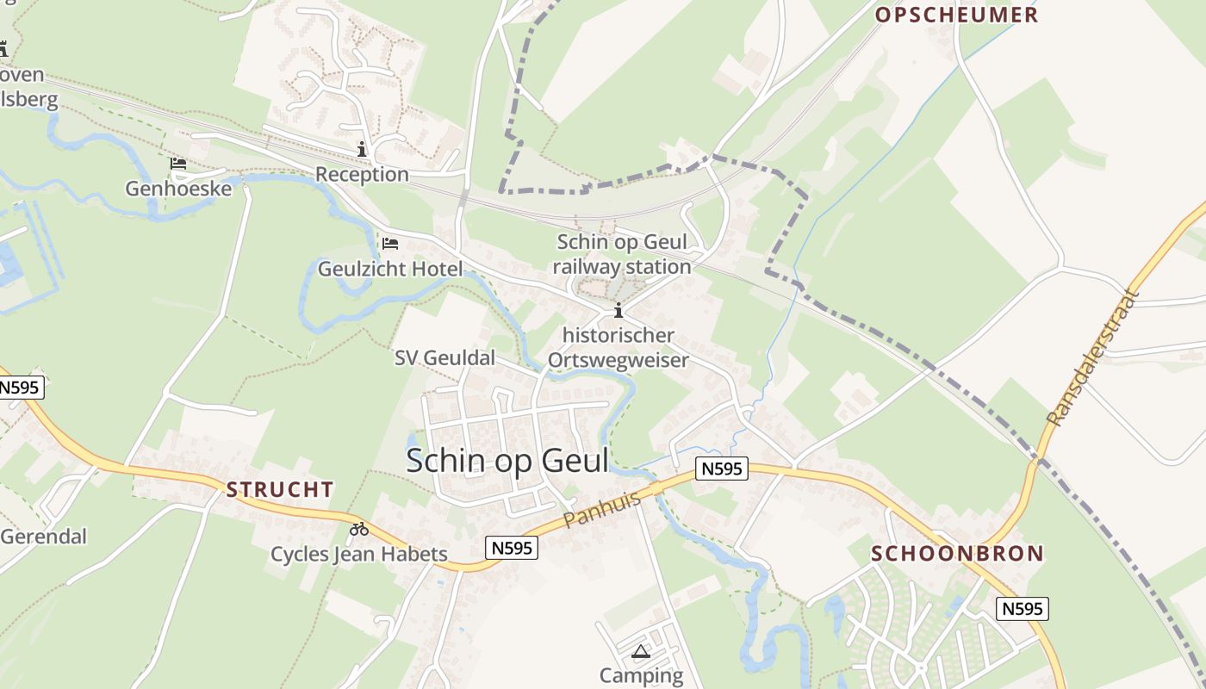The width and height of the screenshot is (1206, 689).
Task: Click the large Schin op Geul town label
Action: pyautogui.click(x=507, y=461)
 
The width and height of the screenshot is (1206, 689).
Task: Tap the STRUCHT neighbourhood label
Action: pyautogui.click(x=279, y=490)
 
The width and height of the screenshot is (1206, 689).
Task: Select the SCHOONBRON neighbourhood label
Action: pyautogui.click(x=957, y=554)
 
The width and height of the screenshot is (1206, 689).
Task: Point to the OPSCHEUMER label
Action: pyautogui.click(x=957, y=15)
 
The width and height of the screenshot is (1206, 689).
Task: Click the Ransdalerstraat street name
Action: pyautogui.click(x=1092, y=358)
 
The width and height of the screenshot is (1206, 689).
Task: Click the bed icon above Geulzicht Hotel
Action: pyautogui.click(x=390, y=244)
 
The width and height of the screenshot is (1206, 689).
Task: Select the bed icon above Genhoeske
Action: pyautogui.click(x=178, y=163)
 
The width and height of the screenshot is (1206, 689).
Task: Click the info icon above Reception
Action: pyautogui.click(x=362, y=149)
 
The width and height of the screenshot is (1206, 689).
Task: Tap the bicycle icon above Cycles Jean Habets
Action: pyautogui.click(x=359, y=528)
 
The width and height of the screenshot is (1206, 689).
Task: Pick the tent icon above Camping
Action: pyautogui.click(x=640, y=651)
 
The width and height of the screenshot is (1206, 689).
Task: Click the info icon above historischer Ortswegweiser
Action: pyautogui.click(x=618, y=310)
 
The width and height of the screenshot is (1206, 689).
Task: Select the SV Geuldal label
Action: pyautogui.click(x=444, y=357)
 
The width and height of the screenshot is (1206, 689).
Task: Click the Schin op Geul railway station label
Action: pyautogui.click(x=622, y=254)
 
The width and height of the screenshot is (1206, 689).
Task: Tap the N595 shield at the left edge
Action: pyautogui.click(x=19, y=388)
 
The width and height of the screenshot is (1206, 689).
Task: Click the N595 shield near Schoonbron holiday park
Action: pyautogui.click(x=1023, y=609)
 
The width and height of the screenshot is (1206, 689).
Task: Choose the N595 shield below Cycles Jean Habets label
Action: pyautogui.click(x=512, y=548)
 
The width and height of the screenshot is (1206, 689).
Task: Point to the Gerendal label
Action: pyautogui.click(x=43, y=537)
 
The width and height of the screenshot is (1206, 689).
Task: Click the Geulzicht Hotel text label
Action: pyautogui.click(x=390, y=269)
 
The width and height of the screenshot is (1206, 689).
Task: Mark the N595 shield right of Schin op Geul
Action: pyautogui.click(x=722, y=469)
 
